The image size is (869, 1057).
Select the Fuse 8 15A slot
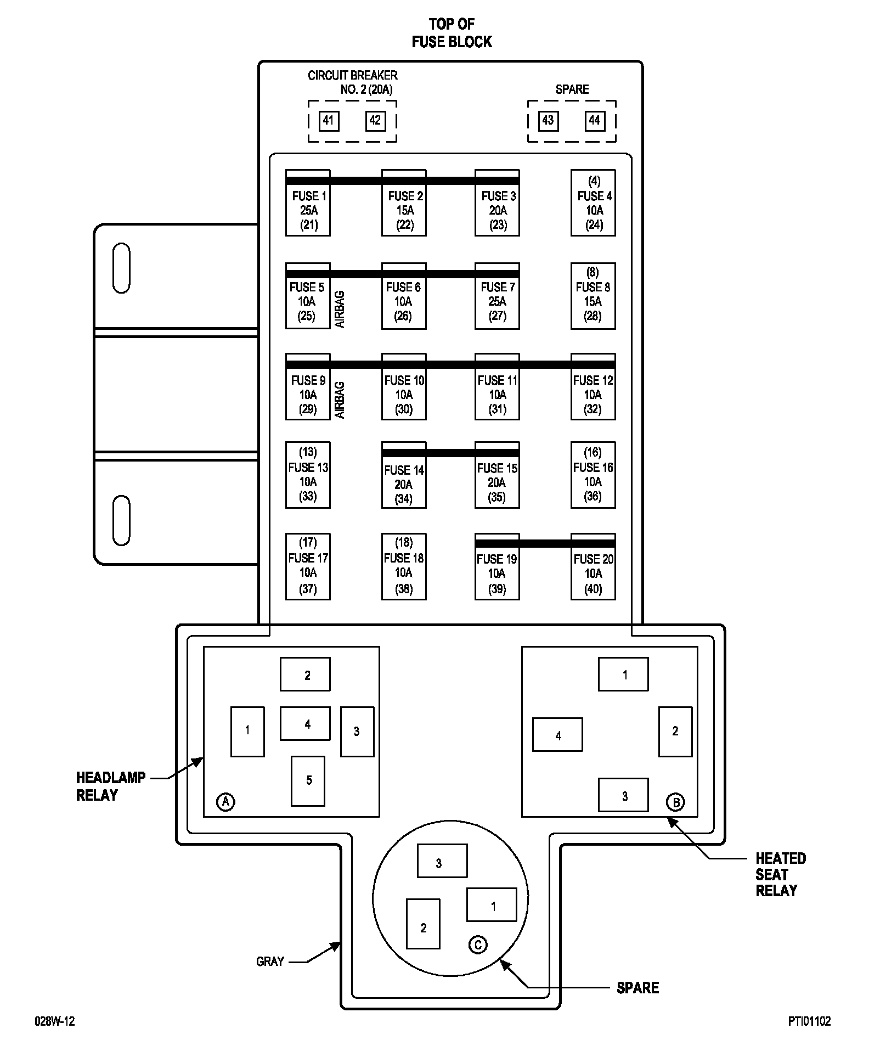(x=593, y=296)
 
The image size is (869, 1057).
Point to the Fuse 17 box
(x=308, y=566)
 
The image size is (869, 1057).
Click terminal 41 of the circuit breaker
(x=329, y=121)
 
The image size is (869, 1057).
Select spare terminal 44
(x=595, y=121)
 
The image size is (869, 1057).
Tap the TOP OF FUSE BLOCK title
(x=452, y=33)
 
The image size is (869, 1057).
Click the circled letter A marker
(x=225, y=802)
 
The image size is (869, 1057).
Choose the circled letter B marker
(x=675, y=802)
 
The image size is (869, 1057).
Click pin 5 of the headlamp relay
(x=308, y=780)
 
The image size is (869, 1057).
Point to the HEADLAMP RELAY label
(x=110, y=786)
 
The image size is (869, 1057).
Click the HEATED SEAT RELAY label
(x=780, y=874)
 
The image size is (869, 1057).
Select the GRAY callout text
(x=270, y=962)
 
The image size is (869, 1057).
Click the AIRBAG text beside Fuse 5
(x=340, y=310)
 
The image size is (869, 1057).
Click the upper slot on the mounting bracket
(x=121, y=268)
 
